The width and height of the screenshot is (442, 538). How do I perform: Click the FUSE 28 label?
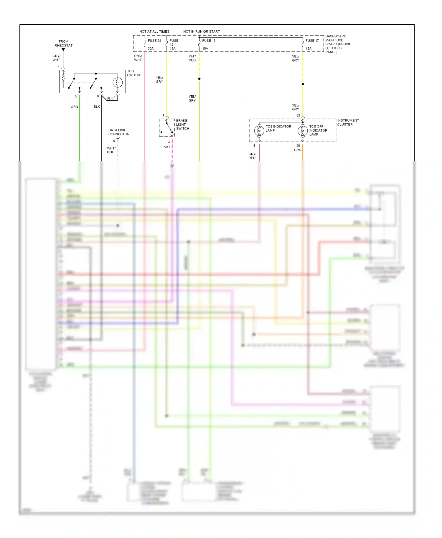[x=154, y=41]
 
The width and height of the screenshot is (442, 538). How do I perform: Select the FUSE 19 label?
[x=209, y=41]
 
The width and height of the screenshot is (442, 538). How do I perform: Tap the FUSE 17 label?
[x=312, y=41]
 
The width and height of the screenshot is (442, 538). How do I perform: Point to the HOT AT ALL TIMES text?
[x=154, y=31]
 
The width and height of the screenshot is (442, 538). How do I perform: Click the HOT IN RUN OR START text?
[x=202, y=31]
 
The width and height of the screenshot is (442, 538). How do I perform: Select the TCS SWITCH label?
[x=133, y=73]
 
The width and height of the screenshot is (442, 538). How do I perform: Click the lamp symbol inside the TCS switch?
[x=118, y=82]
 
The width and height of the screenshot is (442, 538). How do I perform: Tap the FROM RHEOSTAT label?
[x=63, y=44]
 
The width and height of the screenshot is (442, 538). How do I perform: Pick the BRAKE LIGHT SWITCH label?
[x=182, y=124]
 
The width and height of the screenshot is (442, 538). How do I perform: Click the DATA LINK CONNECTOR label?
[x=118, y=132]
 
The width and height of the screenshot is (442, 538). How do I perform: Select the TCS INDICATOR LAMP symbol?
[x=259, y=130]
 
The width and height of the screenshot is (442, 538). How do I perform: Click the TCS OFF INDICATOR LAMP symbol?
[x=303, y=131]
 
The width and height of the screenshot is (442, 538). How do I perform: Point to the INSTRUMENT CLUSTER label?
[x=348, y=122]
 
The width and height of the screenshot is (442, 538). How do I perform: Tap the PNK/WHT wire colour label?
[x=138, y=58]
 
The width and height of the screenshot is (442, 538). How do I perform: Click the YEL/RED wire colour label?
[x=192, y=58]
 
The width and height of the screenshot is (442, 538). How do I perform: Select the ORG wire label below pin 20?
[x=298, y=150]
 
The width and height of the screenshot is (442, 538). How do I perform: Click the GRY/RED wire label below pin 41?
[x=252, y=156]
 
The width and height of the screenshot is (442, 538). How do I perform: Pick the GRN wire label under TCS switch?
[x=74, y=107]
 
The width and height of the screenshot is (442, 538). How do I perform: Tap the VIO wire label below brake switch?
[x=167, y=147]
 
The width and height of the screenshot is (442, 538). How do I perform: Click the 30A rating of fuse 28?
[x=151, y=49]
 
